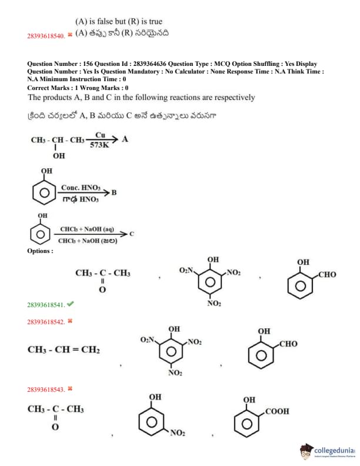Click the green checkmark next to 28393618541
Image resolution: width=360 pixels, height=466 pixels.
click(71, 304)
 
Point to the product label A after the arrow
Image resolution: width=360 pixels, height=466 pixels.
click(125, 139)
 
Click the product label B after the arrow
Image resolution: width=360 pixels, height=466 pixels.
click(114, 192)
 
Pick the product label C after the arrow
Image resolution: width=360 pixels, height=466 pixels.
click(132, 234)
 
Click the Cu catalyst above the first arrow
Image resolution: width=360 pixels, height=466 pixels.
click(100, 135)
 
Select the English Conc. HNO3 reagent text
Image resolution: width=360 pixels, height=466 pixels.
click(81, 188)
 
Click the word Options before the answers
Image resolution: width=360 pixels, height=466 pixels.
click(40, 251)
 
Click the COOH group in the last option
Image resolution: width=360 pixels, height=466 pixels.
click(277, 411)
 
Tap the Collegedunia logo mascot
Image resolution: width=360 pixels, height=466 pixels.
click(306, 451)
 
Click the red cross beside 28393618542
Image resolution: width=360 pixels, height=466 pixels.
click(70, 321)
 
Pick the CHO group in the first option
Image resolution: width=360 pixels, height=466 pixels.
click(327, 275)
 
